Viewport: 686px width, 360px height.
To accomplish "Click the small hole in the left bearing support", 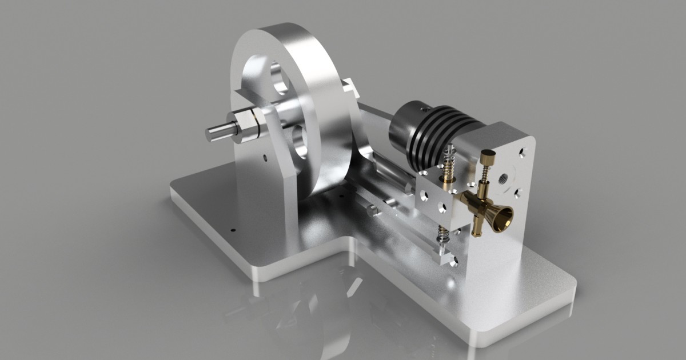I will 265,156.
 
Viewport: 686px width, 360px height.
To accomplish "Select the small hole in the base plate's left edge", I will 233,230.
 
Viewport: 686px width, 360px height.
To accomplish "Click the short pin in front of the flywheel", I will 373,210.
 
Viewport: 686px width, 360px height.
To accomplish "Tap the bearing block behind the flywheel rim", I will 350,89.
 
